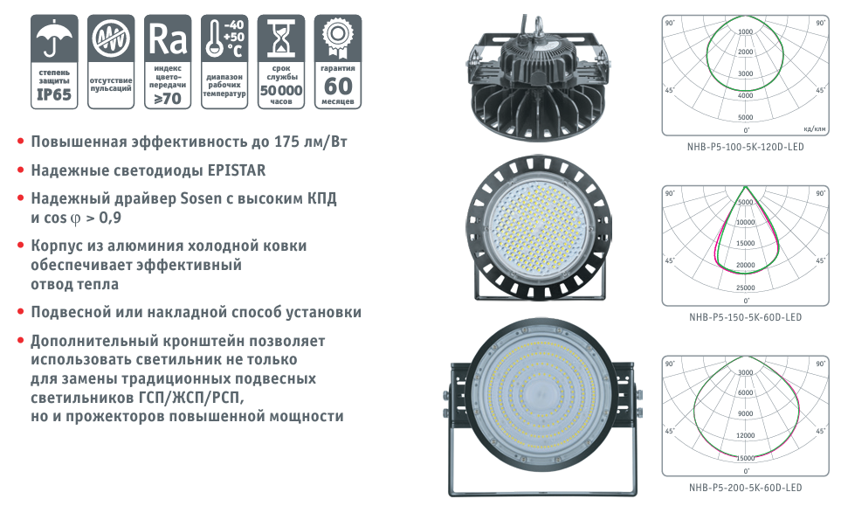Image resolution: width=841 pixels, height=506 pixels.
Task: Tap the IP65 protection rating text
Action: click(x=54, y=94)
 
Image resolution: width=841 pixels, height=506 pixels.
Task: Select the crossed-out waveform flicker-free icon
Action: click(x=111, y=38)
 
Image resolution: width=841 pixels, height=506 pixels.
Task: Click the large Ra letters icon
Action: click(x=168, y=38)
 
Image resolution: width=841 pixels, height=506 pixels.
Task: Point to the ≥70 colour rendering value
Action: click(x=168, y=99)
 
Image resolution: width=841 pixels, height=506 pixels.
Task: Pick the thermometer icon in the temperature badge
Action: click(x=215, y=38)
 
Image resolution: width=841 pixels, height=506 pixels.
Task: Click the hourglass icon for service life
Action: click(x=281, y=38)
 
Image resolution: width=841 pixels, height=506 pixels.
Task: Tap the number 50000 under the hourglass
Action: click(x=281, y=90)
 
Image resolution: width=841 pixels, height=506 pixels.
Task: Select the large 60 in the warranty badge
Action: click(x=338, y=87)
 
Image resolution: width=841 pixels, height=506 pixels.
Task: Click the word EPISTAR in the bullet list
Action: click(x=237, y=170)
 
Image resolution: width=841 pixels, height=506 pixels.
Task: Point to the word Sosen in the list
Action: click(x=201, y=198)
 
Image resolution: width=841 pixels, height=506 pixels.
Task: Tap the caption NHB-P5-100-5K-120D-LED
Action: click(x=746, y=147)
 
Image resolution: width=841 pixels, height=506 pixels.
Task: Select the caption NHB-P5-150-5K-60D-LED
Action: click(x=746, y=317)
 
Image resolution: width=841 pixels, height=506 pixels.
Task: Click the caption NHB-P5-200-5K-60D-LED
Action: click(x=746, y=488)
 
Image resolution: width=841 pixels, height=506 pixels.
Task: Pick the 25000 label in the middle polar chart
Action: click(x=746, y=288)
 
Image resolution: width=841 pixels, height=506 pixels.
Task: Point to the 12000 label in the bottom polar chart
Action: click(x=746, y=435)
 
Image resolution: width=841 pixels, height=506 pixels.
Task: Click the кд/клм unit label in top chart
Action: click(x=815, y=128)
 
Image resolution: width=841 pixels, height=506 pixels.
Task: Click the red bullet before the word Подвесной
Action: click(x=21, y=312)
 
